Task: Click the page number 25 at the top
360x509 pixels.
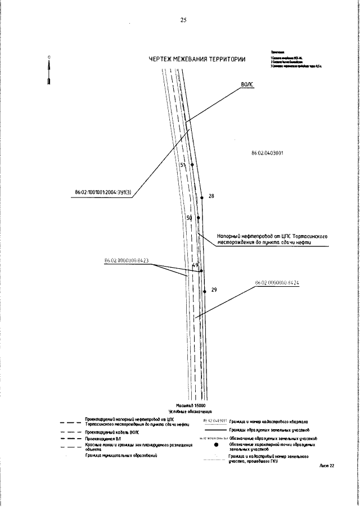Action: tap(183, 20)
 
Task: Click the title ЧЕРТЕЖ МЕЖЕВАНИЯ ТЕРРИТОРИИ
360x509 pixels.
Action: tap(197, 60)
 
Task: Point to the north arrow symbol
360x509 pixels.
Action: tap(49, 70)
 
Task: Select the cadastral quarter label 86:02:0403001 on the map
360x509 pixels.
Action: tap(267, 152)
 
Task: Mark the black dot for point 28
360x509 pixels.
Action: tap(201, 197)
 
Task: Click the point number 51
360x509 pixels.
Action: tap(183, 165)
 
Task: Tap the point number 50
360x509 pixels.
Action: tap(190, 217)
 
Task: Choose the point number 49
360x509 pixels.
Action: tap(196, 265)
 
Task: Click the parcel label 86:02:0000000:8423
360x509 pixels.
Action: tap(126, 260)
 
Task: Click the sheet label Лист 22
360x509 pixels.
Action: tap(326, 465)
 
